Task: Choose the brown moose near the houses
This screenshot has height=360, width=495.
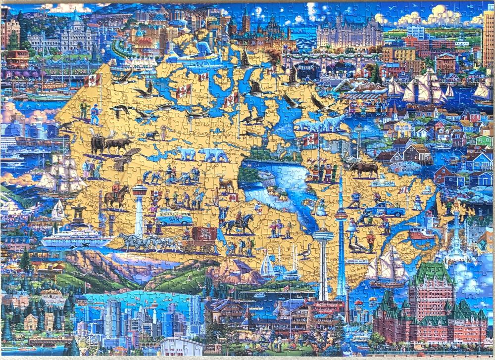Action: click(x=364, y=169)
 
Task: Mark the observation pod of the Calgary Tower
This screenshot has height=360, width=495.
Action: click(x=139, y=190)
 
